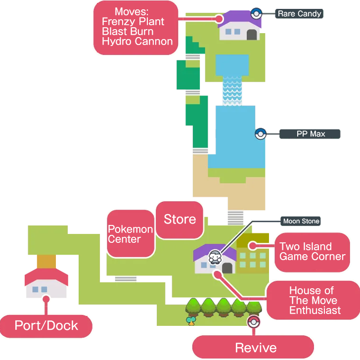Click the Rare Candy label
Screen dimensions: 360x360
tap(299, 14)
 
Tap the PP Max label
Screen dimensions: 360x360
tap(310, 134)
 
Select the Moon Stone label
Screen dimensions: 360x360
tap(301, 221)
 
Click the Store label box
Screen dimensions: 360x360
tap(180, 220)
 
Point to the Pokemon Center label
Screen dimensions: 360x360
tap(131, 234)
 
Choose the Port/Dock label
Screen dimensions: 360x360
tap(46, 325)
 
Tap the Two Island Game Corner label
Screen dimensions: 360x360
tap(312, 251)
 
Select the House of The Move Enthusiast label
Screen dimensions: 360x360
tap(315, 300)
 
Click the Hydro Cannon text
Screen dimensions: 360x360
tap(137, 42)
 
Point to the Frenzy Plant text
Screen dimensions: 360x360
tap(133, 22)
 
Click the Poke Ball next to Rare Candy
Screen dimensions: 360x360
tap(256, 13)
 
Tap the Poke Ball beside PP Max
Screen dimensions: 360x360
tap(260, 134)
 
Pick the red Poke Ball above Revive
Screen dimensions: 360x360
tap(253, 322)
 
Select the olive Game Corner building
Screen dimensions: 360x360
tap(252, 255)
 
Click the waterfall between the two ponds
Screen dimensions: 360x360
tap(232, 90)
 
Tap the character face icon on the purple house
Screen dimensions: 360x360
tap(215, 257)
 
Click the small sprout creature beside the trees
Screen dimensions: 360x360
tap(191, 321)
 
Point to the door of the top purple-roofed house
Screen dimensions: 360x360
tap(252, 35)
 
